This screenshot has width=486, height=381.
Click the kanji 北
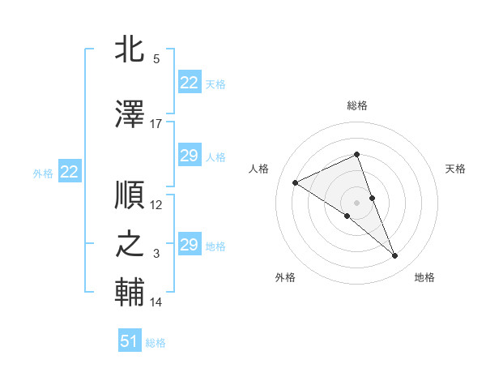coord(131,50)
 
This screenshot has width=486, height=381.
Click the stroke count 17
coord(156,124)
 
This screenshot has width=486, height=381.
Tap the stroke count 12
coord(156,205)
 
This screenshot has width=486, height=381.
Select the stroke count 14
coord(156,302)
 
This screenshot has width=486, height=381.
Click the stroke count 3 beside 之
coord(156,254)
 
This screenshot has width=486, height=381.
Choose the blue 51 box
coord(130,341)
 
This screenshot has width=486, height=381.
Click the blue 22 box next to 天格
coord(190,83)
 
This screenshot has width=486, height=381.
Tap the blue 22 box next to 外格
coord(70,171)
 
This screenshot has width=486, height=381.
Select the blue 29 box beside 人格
coord(190,156)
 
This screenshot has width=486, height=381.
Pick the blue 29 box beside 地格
coord(190,245)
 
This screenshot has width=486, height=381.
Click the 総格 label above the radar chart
coord(357,105)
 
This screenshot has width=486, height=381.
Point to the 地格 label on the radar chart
coord(424,277)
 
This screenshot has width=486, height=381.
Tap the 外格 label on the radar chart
coord(285,277)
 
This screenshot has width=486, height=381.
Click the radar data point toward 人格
coord(296,183)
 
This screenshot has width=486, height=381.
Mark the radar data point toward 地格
coord(395,256)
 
